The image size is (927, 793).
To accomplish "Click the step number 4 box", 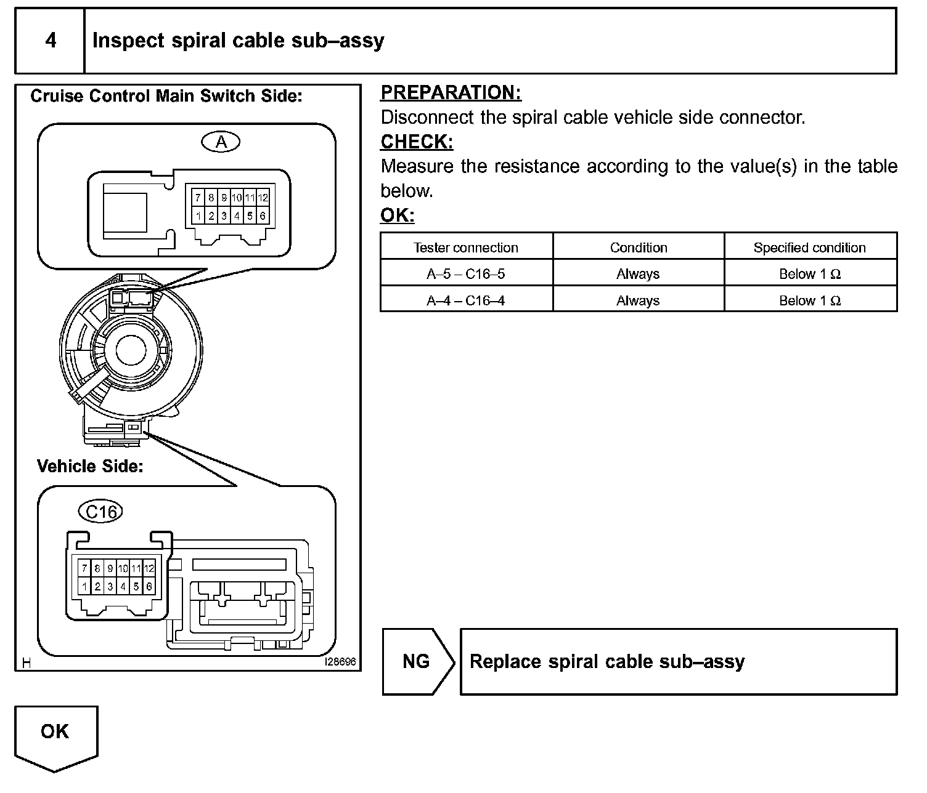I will point(50,41).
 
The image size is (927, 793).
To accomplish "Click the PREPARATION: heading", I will point(451,92).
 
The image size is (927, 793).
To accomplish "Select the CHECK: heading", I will point(417,142).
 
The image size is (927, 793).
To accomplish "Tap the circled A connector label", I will point(221,142).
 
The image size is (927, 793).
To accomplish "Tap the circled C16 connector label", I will point(101,512).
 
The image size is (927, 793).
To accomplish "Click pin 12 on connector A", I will point(263,198).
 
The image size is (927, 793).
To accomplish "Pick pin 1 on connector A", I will point(198,216).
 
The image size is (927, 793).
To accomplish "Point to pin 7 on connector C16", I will point(84,568).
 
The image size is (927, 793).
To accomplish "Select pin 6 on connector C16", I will point(149,587).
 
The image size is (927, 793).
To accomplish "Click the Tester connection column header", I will point(466,248).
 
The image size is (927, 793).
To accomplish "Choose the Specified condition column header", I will point(809,248).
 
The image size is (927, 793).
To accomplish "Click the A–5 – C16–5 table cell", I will point(466,274).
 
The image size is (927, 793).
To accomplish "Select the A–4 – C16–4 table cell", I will point(466,300).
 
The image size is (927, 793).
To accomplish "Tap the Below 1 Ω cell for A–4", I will point(809,300).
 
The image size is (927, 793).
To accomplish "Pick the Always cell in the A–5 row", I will point(638,274).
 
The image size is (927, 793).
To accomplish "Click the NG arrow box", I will point(417,662).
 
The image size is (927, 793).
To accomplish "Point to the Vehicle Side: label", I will point(90,466).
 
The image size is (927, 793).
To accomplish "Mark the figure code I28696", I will point(340,662).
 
